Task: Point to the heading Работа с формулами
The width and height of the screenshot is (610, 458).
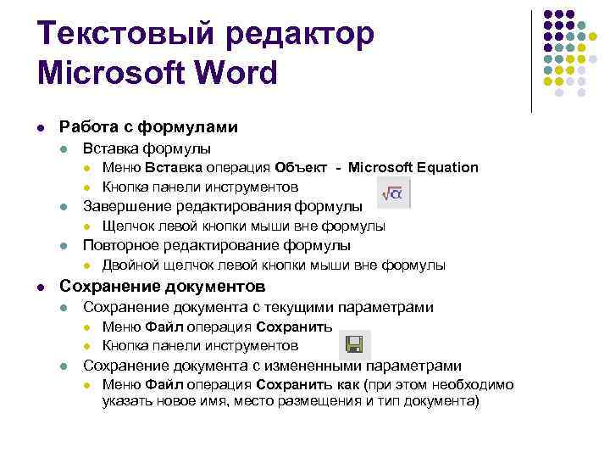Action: (x=148, y=127)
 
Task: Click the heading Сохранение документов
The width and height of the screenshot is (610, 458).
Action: (x=162, y=285)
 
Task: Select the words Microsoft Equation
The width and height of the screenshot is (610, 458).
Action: (x=413, y=167)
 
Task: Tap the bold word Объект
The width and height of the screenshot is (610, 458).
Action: (x=301, y=167)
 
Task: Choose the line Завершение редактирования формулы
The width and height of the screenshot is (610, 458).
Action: (x=222, y=206)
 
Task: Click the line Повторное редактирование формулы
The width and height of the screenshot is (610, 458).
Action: (x=216, y=246)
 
